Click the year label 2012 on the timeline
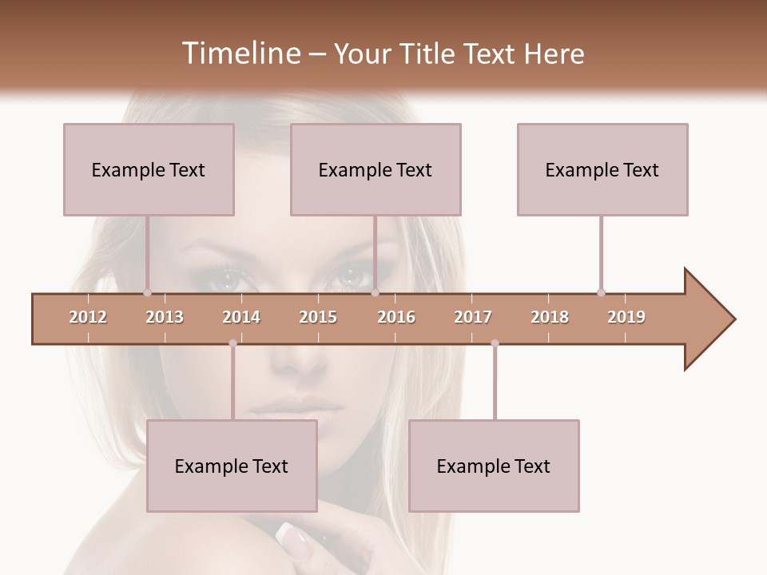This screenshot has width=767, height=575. click(88, 317)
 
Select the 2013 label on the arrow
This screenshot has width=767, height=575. click(165, 317)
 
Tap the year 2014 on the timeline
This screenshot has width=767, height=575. click(241, 317)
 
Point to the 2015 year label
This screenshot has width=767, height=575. click(318, 317)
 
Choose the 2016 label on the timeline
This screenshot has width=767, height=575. click(396, 317)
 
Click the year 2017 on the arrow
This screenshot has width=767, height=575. click(473, 317)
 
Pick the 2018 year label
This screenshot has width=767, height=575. click(550, 317)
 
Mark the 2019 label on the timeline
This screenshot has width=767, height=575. click(626, 317)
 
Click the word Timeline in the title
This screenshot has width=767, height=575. click(239, 54)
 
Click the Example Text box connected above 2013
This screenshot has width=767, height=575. click(149, 169)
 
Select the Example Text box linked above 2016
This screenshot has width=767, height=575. click(376, 169)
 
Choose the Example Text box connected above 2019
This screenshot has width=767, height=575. click(602, 169)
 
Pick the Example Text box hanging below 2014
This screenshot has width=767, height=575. click(232, 466)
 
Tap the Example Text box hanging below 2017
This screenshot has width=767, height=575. click(494, 466)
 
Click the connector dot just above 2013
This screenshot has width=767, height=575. click(147, 292)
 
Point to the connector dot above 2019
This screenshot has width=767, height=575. click(601, 292)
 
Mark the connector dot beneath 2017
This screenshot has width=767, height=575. click(495, 343)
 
